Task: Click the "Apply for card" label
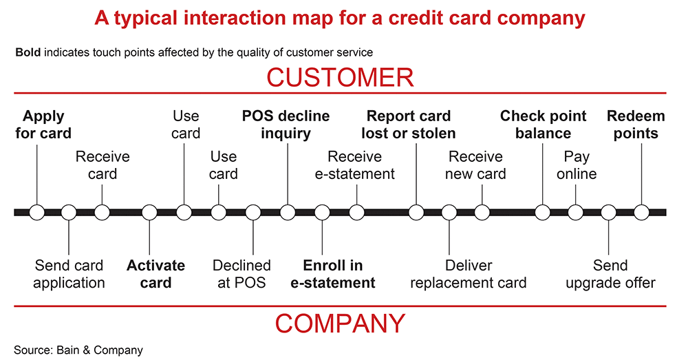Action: (x=43, y=124)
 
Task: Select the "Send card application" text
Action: (x=69, y=273)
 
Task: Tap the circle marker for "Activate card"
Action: (x=149, y=212)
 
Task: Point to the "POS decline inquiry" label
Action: (x=286, y=124)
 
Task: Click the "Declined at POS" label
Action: (x=241, y=273)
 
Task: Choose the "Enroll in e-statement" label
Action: (x=339, y=273)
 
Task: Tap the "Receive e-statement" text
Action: (x=355, y=165)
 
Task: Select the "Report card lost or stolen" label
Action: (x=409, y=124)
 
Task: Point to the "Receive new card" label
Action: (x=475, y=165)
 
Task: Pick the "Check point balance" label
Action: (x=543, y=124)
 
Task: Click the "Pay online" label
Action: (x=577, y=165)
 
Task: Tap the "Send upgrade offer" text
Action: (x=610, y=273)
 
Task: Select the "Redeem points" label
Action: (x=636, y=124)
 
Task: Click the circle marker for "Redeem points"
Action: (x=641, y=212)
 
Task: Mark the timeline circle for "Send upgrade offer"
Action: (x=608, y=212)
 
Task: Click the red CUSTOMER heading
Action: (x=340, y=77)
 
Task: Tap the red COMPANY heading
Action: (x=340, y=323)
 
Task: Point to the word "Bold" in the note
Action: (x=28, y=52)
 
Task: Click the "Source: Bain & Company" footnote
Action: (x=78, y=350)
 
